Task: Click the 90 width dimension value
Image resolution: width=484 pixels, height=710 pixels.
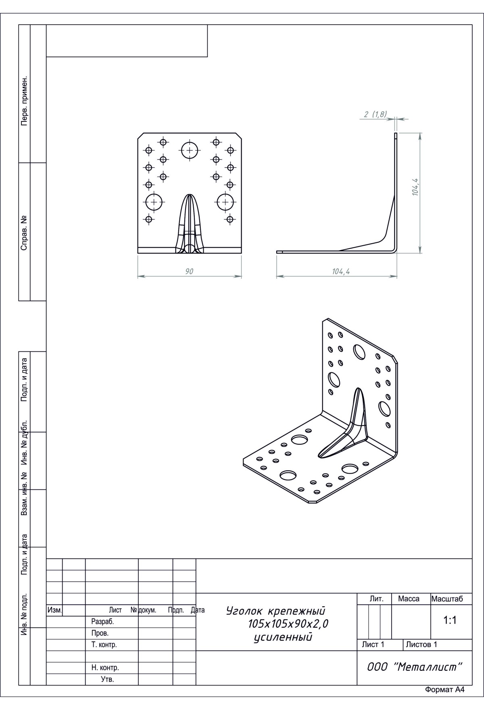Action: coord(189,271)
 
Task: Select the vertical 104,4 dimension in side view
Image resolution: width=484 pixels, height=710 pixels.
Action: coord(415,187)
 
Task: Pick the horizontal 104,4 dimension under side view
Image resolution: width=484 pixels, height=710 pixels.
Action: coord(341,271)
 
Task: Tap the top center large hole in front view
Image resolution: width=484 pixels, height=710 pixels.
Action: coord(190,150)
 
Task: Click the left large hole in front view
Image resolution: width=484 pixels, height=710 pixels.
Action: coord(154,202)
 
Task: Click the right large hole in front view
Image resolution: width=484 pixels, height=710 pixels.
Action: coord(225,202)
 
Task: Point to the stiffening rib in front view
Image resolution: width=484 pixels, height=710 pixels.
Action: coord(189,224)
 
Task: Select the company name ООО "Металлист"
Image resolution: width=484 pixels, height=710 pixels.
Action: coord(414,667)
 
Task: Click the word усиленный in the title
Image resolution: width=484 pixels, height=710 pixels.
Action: coord(284,637)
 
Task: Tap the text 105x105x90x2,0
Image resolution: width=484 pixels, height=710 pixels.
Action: coord(288,624)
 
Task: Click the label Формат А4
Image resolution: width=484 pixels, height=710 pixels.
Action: coord(445,689)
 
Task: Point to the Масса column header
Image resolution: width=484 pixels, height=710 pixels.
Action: coord(409,599)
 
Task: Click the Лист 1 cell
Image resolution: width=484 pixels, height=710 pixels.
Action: coord(373,644)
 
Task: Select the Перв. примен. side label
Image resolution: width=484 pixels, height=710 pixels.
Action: coord(25,100)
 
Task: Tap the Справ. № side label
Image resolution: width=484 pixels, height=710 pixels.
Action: coord(25,232)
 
